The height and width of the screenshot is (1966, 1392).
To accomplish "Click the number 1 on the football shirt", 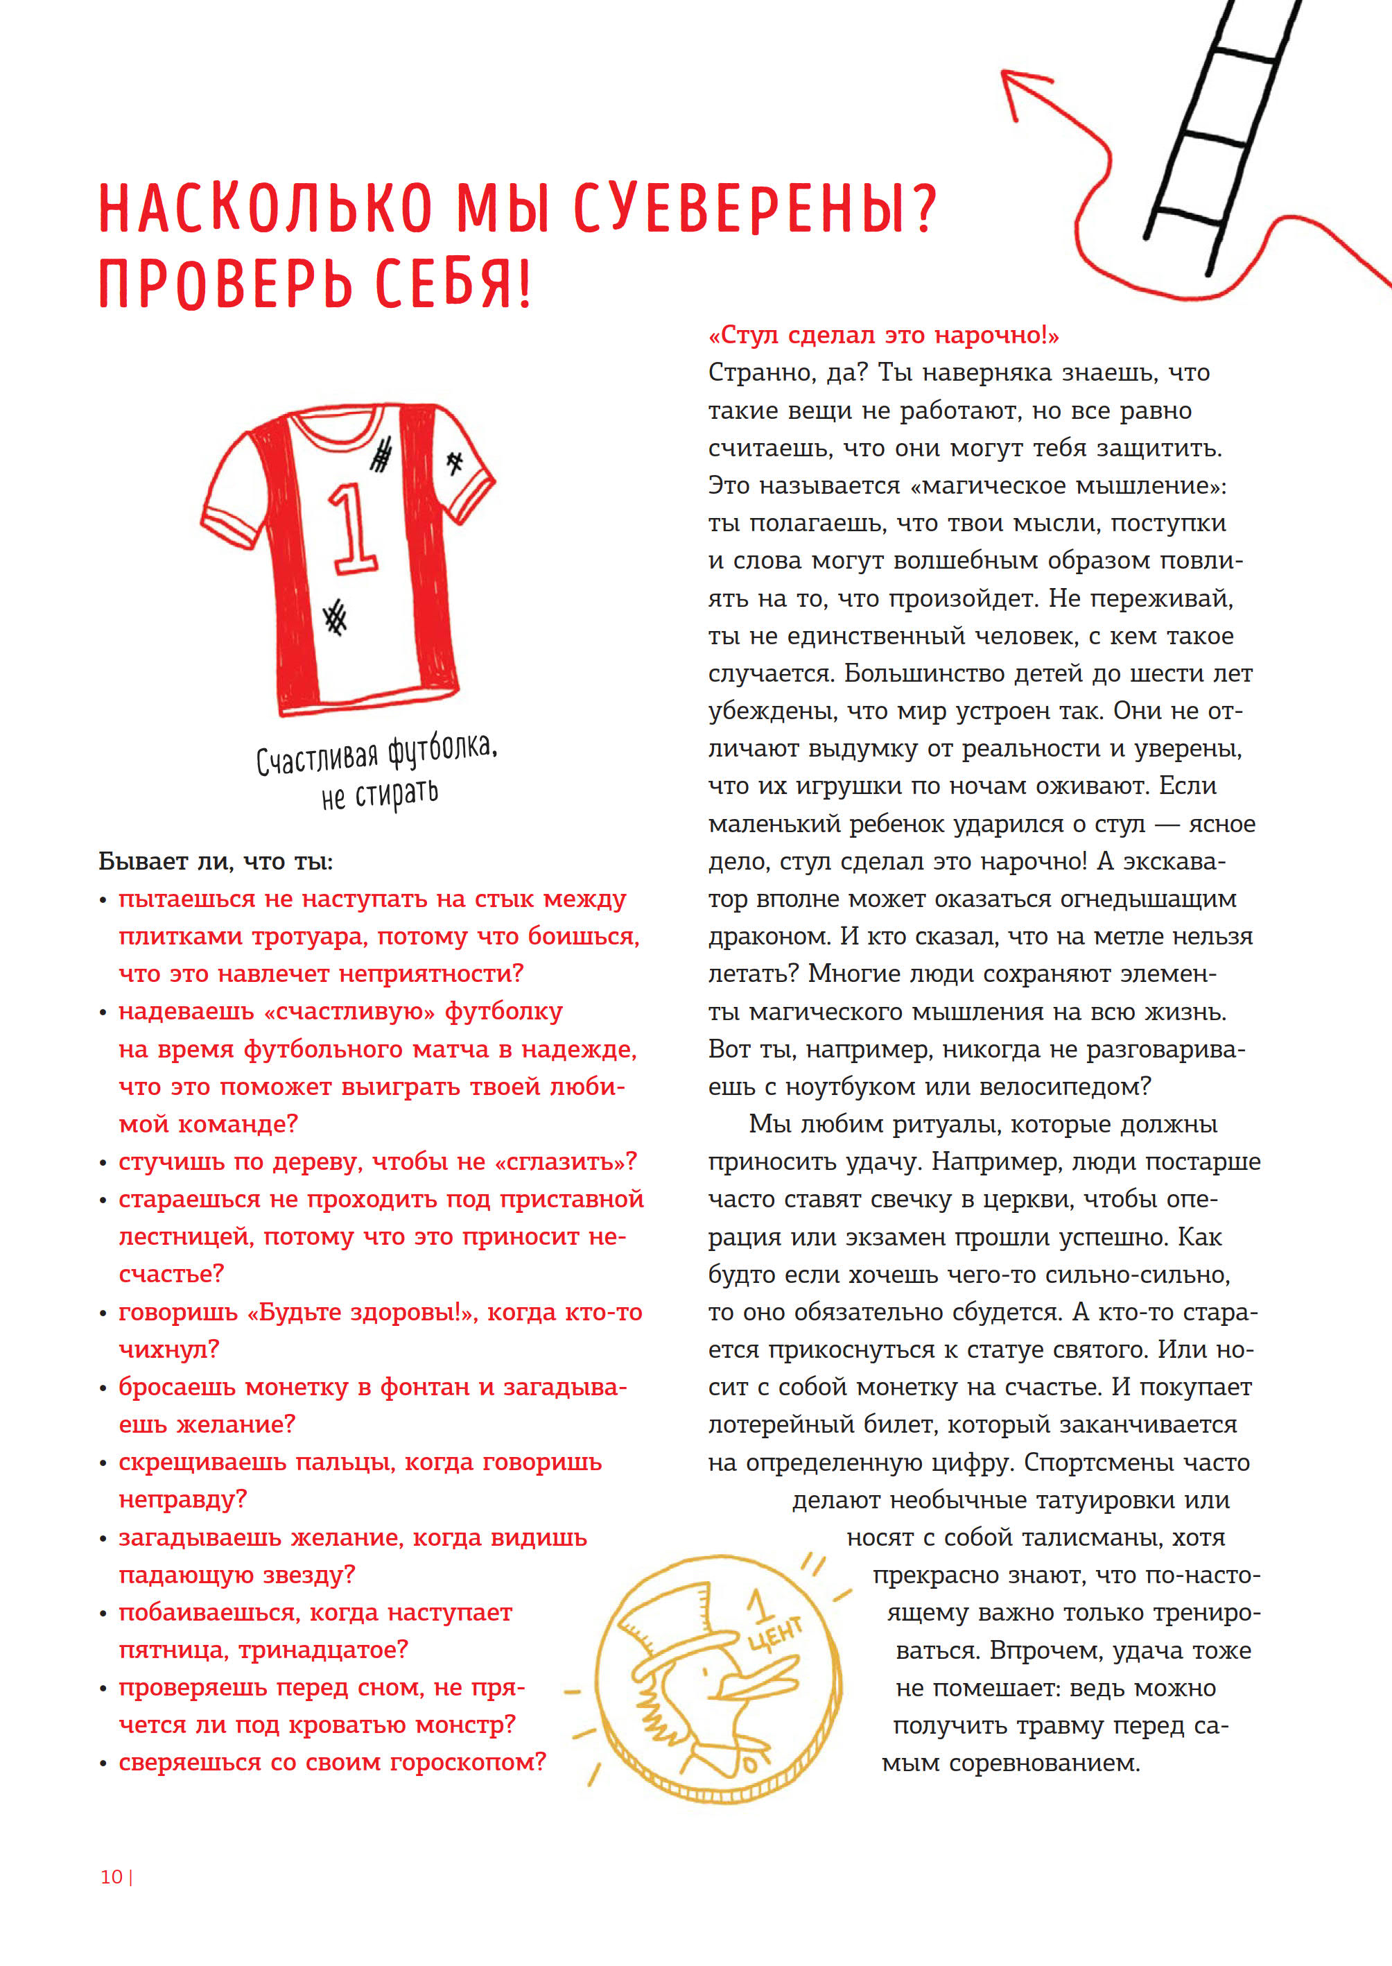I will coord(352,528).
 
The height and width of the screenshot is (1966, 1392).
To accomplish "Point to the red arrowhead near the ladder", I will coord(1020,90).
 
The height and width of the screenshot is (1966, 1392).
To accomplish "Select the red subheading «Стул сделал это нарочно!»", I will coord(884,335).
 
